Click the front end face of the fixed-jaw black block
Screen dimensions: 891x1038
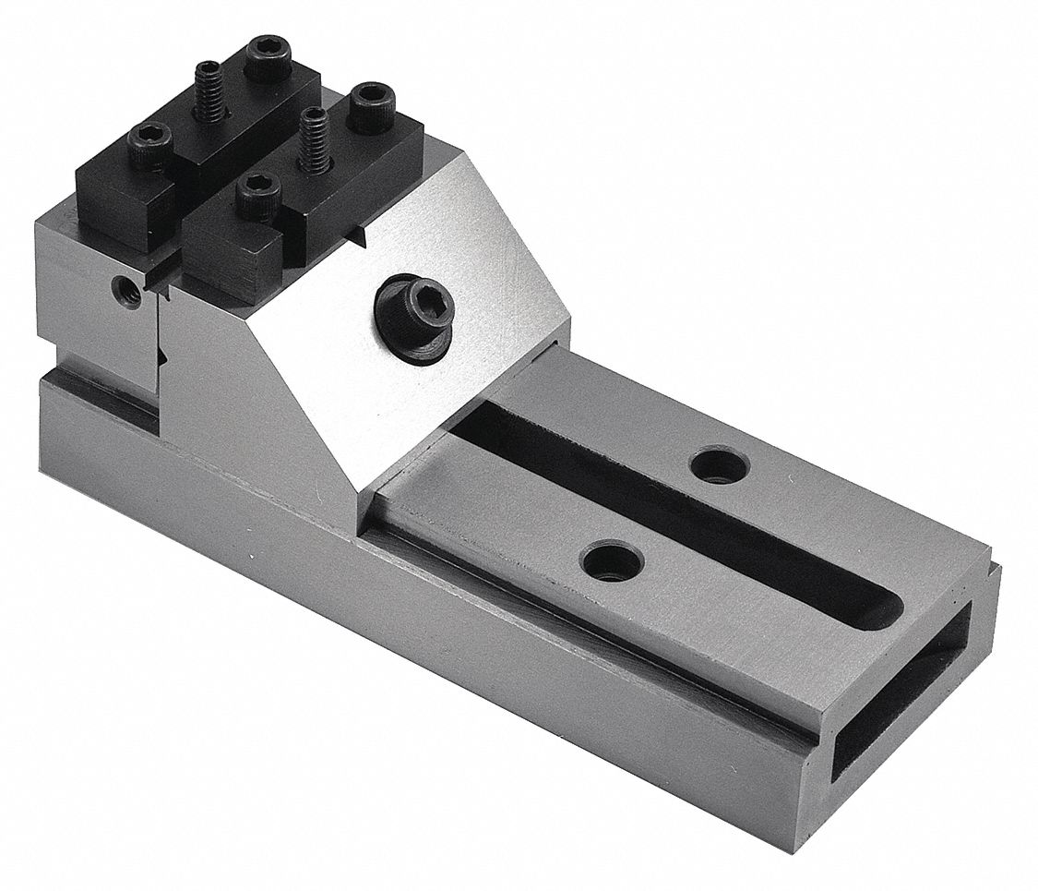125,212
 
